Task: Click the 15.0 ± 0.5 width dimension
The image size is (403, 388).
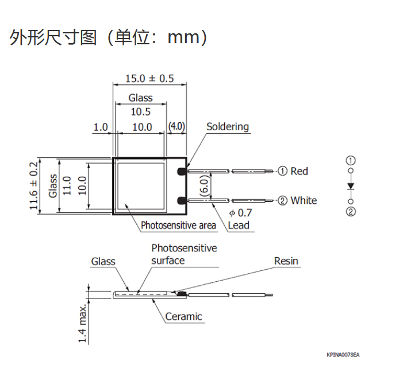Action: coord(149,79)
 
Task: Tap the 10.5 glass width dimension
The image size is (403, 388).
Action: coord(140,112)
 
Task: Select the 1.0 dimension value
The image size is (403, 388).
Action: coord(101,127)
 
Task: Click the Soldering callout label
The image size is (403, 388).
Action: coord(228,126)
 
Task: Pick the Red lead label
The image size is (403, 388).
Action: coord(299,171)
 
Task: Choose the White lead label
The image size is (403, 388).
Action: coord(303,200)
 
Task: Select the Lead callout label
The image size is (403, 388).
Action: coord(239,225)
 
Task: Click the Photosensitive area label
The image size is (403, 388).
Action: coord(178,225)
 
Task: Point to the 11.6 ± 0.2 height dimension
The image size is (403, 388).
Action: coord(34,186)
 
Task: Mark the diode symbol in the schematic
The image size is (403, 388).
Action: coord(351,186)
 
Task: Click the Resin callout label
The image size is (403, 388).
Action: coord(286,261)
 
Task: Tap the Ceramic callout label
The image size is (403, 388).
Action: coord(183,316)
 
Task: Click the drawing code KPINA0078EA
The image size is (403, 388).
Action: coord(343,355)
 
